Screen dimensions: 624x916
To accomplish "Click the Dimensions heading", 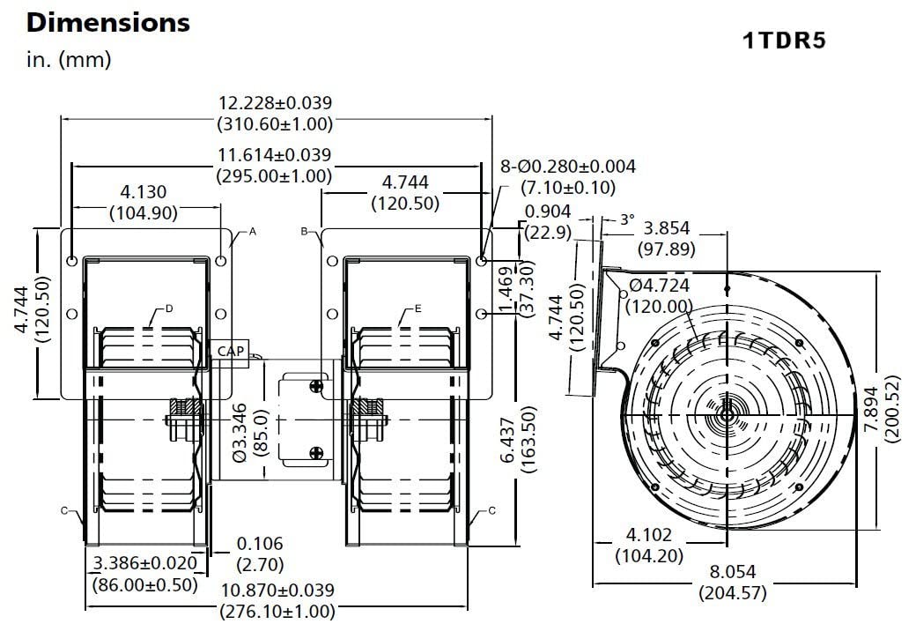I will coord(108,22).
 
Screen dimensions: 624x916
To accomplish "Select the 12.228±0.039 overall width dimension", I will coord(275,103).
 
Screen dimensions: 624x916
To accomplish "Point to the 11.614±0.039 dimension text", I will coord(275,155).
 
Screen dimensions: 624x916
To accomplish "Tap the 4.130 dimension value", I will coord(143,192).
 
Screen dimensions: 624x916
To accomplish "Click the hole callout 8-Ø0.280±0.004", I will coord(567,167).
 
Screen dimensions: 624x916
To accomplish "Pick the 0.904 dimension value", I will coord(548,212).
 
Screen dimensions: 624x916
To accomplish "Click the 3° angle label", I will coord(626,219).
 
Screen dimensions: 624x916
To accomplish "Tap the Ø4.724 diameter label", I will coord(660,286).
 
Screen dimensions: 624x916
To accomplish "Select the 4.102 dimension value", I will coord(649,535).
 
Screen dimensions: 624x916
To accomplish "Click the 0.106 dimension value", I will coord(260,545).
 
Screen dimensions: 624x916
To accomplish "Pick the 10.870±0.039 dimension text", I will coord(277,591).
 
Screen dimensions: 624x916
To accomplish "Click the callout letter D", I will coord(169,308).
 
